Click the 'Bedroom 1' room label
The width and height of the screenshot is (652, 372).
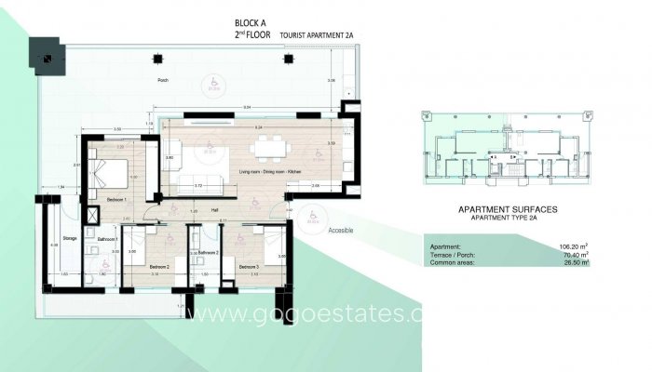tap(117, 200)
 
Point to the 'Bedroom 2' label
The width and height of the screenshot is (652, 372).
tap(159, 267)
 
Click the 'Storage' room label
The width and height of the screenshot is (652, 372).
tap(69, 238)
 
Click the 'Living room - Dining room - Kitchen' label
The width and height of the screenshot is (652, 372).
tap(270, 172)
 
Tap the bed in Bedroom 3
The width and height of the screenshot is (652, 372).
tap(268, 246)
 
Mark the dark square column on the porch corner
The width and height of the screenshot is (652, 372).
tap(46, 57)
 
